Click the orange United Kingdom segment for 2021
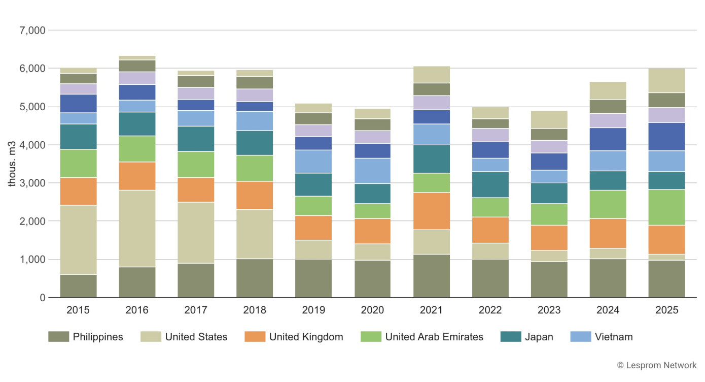432,211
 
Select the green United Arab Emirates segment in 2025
666,207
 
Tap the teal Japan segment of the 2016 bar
137,124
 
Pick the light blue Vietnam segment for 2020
372,171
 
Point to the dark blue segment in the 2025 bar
666,137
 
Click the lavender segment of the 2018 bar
255,95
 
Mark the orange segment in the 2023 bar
549,238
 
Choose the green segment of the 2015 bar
78,163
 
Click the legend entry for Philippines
97,337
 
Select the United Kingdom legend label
306,337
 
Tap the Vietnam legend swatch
581,337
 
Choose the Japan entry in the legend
539,337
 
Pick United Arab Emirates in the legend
434,337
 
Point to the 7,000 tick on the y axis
32,30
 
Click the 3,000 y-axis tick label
32,183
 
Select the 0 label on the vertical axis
43,298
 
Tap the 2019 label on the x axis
313,310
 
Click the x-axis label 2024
608,310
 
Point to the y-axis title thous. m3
12,164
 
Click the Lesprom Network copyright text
657,365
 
